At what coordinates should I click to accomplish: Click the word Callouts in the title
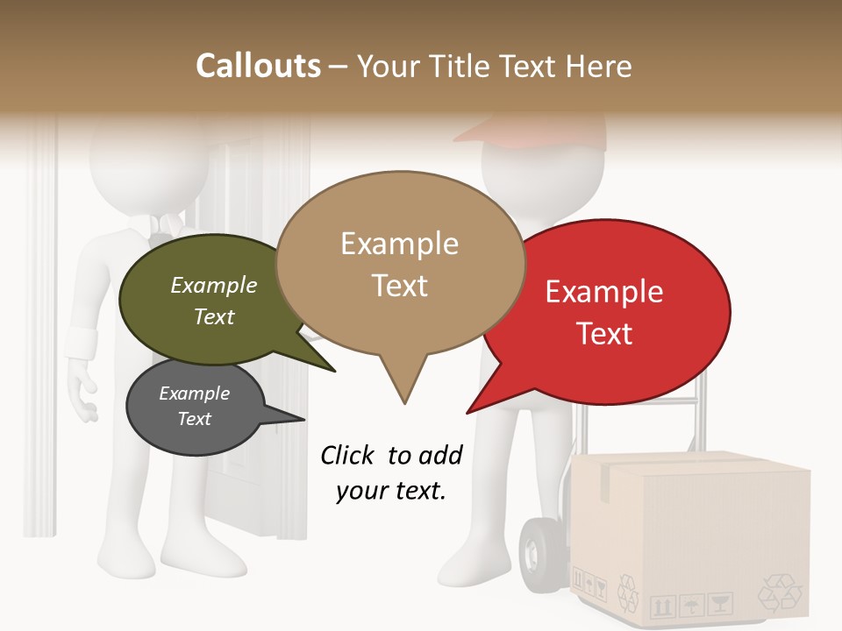pos(258,66)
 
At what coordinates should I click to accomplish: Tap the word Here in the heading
pos(599,66)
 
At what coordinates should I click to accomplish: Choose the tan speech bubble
pos(400,263)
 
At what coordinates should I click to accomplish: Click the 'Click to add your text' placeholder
pos(391,472)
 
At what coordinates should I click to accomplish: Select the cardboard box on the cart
pos(693,535)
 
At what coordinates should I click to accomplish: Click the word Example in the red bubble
pos(604,292)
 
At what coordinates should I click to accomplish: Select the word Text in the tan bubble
pos(400,286)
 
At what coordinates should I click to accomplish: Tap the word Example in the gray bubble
pos(195,393)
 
